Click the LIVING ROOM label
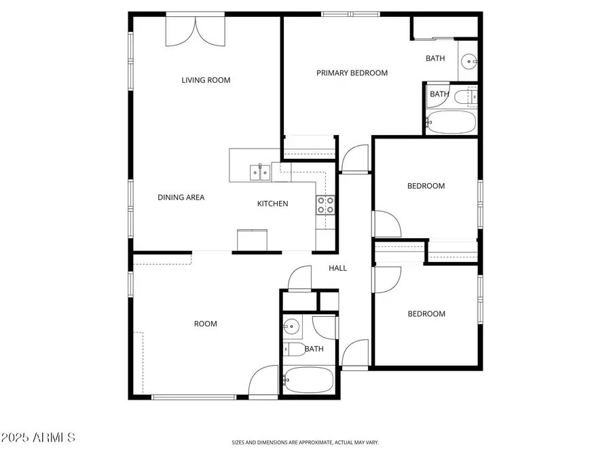[206, 80]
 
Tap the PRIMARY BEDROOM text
[352, 73]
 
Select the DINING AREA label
[181, 197]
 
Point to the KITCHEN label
[272, 204]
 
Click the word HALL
[337, 268]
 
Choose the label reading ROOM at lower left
[205, 324]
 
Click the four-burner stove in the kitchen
[326, 205]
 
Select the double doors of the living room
[196, 31]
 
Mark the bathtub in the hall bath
[308, 381]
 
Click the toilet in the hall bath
[294, 350]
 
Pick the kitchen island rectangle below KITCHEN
[253, 240]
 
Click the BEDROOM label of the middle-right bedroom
[426, 186]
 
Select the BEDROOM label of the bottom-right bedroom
[426, 313]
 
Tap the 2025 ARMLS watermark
[38, 438]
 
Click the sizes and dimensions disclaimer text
[305, 442]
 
